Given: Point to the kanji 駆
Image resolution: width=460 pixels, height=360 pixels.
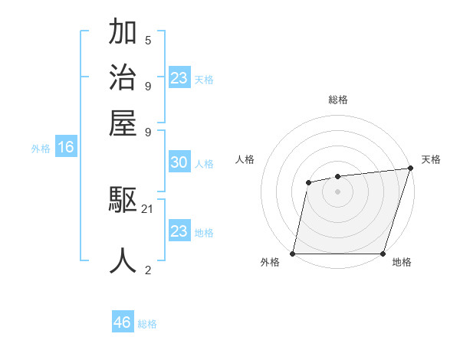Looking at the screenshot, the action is point(123,201).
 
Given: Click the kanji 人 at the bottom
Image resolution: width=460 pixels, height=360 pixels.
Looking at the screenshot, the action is point(123,260).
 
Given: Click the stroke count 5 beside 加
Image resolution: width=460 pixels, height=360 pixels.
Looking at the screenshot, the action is point(148,40).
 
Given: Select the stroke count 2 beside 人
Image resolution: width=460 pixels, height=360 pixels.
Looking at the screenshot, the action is point(148,269).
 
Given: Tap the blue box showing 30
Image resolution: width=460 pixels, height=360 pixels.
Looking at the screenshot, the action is point(179,162).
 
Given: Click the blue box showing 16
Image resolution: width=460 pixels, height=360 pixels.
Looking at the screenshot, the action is point(65,147).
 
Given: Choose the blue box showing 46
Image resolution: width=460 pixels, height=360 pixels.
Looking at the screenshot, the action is point(123,322).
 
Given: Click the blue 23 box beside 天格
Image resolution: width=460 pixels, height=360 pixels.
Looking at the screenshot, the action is point(179,78).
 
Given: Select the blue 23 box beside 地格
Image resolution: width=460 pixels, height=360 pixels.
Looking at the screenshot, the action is point(179,231).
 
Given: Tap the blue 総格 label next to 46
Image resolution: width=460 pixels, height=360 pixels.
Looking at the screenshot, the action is point(147,324).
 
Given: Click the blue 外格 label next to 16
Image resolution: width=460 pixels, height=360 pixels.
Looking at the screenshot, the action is point(41,149).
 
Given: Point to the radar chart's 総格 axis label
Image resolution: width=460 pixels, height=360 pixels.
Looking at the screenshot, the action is point(337,100).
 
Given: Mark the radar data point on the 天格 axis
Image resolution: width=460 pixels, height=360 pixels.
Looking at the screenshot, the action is point(410,168).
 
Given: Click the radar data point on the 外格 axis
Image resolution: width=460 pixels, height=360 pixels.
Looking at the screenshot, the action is point(293,253).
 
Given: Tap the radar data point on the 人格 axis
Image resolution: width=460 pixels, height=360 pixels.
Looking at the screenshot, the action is point(308,182).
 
